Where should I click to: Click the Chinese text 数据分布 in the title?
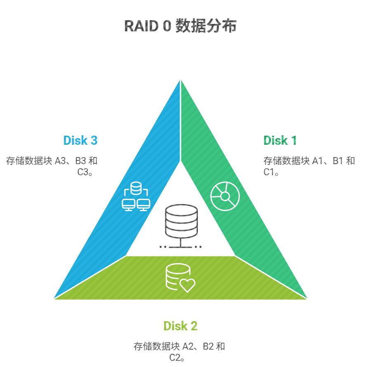pyautogui.click(x=206, y=26)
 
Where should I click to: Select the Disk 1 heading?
pyautogui.click(x=280, y=141)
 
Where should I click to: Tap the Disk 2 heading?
pyautogui.click(x=180, y=326)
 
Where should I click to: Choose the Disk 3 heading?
pyautogui.click(x=80, y=141)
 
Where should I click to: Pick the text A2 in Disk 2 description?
pyautogui.click(x=188, y=346)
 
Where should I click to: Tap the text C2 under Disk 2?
pyautogui.click(x=175, y=358)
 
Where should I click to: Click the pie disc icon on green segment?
pyautogui.click(x=225, y=196)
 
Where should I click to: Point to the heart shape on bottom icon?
pyautogui.click(x=188, y=285)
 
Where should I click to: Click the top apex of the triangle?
pyautogui.click(x=181, y=80)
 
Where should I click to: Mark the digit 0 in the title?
pyautogui.click(x=165, y=26)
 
